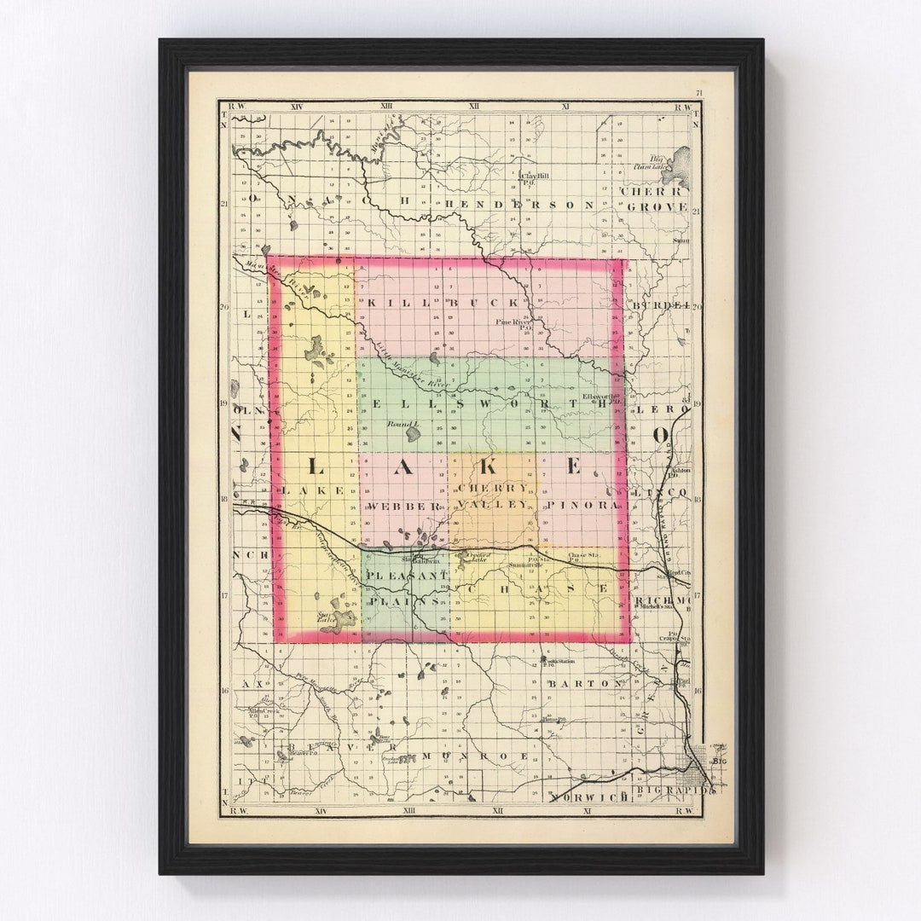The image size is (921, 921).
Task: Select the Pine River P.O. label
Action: pyautogui.click(x=515, y=324)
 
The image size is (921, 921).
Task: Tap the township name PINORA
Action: pyautogui.click(x=582, y=506)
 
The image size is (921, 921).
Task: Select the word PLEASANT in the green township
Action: pyautogui.click(x=408, y=576)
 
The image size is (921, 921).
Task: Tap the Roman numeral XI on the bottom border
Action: pyautogui.click(x=587, y=810)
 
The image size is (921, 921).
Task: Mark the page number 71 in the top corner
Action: pyautogui.click(x=698, y=94)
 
